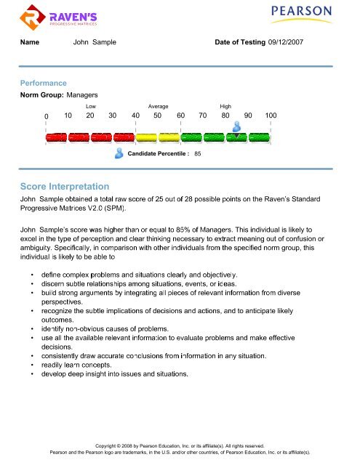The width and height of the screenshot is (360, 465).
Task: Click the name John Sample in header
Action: pyautogui.click(x=95, y=44)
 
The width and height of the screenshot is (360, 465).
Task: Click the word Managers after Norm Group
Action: pyautogui.click(x=82, y=95)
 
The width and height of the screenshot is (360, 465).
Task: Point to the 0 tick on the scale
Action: pyautogui.click(x=46, y=116)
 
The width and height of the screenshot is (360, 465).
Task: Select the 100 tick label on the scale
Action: pyautogui.click(x=271, y=116)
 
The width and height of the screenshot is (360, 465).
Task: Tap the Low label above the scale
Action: pyautogui.click(x=91, y=106)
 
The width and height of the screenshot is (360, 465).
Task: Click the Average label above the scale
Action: pyautogui.click(x=158, y=106)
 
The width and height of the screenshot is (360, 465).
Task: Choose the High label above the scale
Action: pyautogui.click(x=225, y=106)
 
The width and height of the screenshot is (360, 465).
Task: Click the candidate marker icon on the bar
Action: pyautogui.click(x=237, y=126)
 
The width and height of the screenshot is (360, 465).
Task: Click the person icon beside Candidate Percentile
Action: pyautogui.click(x=119, y=153)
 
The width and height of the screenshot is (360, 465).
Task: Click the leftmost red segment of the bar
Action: pyautogui.click(x=57, y=137)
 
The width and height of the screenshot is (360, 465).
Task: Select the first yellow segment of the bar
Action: pyautogui.click(x=147, y=137)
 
